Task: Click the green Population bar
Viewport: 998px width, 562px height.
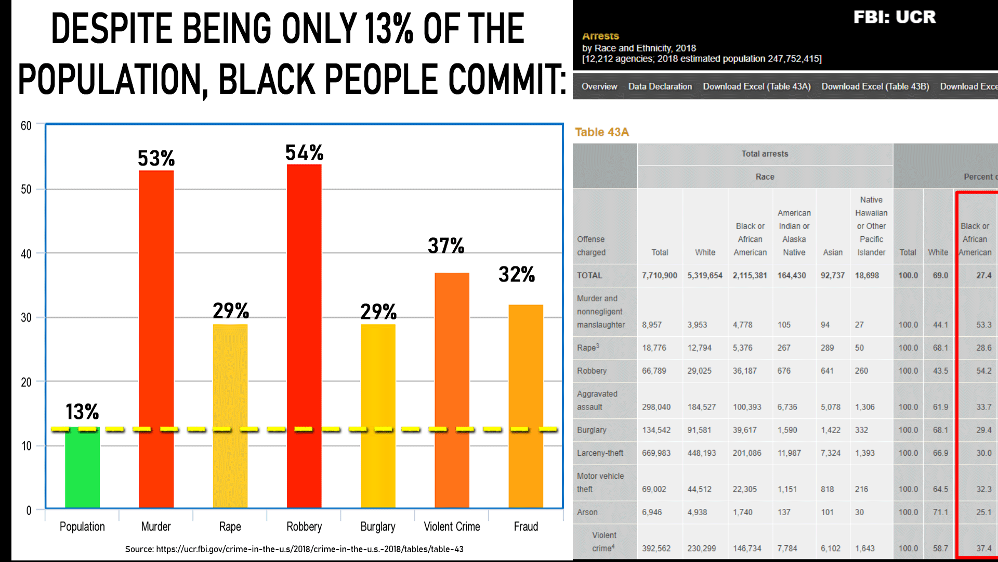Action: [x=82, y=468]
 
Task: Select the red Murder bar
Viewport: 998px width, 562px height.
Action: [x=156, y=338]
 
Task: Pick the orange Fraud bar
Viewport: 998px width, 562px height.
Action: [x=526, y=406]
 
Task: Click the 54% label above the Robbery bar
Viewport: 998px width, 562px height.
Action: [x=304, y=153]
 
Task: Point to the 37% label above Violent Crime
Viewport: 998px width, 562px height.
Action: [x=446, y=246]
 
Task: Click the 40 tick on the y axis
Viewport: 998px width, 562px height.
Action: [x=26, y=254]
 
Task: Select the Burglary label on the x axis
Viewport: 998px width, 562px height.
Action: [x=378, y=527]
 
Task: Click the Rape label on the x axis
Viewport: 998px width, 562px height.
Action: [x=230, y=527]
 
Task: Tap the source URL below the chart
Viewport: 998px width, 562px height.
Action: [x=294, y=549]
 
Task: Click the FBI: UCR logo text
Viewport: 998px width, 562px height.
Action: [x=895, y=17]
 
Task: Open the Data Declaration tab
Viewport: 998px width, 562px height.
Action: [x=660, y=86]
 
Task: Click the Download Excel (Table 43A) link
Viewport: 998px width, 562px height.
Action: [x=756, y=86]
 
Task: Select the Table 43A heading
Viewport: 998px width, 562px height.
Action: [x=602, y=132]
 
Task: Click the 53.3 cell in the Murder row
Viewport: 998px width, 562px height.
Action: [x=983, y=325]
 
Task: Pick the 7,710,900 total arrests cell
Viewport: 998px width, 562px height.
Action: [x=659, y=275]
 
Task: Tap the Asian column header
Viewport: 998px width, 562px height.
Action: [x=833, y=252]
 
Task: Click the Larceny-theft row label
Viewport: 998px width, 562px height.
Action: [x=600, y=453]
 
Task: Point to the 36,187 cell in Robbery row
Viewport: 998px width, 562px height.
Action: [x=744, y=371]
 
